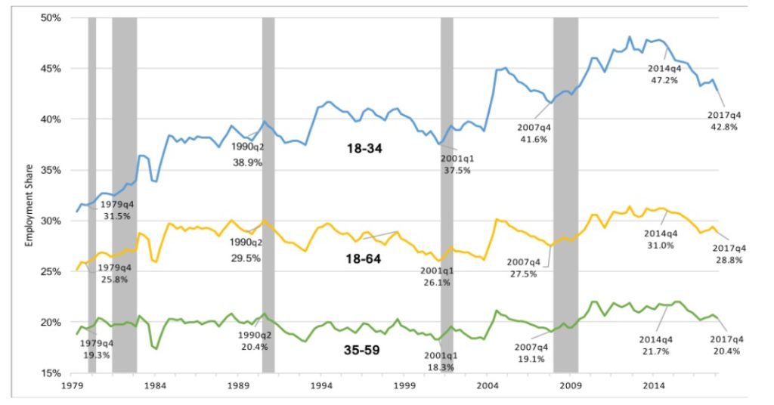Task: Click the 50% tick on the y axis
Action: [50, 17]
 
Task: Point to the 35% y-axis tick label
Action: [50, 170]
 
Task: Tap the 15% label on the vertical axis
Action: [50, 373]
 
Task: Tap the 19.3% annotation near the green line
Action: [97, 354]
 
